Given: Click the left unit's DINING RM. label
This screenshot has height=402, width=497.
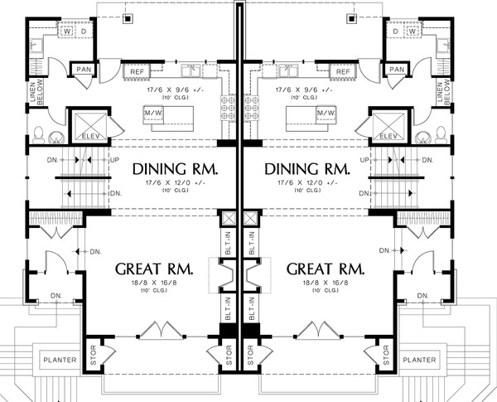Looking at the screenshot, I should [x=176, y=169].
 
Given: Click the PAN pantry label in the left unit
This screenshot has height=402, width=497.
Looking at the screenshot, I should [x=84, y=70].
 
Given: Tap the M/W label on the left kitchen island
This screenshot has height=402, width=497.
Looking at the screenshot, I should [x=176, y=113].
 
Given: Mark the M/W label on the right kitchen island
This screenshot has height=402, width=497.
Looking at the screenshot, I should [x=302, y=113].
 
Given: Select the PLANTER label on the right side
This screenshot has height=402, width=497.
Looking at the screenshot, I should [x=420, y=361].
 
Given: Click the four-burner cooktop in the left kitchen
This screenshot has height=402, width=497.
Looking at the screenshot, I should [x=229, y=112].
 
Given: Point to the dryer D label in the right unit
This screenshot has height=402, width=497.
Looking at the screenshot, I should [x=396, y=32].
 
